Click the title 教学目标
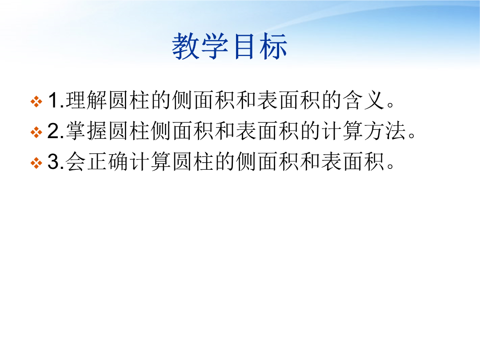(x=230, y=46)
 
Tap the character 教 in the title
(x=186, y=46)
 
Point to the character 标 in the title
(x=273, y=46)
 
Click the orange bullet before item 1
(x=36, y=102)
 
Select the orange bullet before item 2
(x=36, y=132)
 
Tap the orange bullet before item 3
(x=36, y=163)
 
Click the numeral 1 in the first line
(x=54, y=100)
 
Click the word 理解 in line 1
(x=86, y=100)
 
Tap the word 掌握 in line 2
(x=86, y=131)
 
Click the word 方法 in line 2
(x=385, y=131)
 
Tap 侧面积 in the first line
(x=204, y=100)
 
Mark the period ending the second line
(x=412, y=135)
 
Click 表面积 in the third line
(x=352, y=161)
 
